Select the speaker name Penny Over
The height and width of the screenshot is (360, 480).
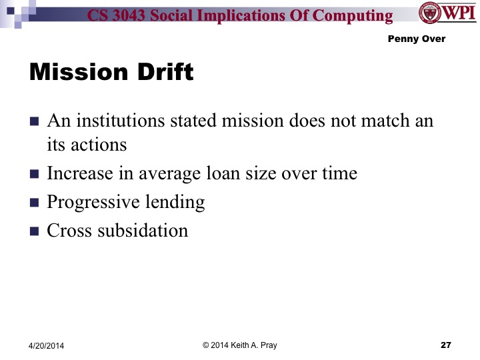(x=416, y=39)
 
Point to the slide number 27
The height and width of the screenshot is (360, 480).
(x=446, y=345)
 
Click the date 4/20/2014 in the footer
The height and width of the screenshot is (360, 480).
(x=50, y=345)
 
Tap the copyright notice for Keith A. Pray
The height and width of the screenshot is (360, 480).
(x=239, y=345)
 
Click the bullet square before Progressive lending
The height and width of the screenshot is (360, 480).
(x=35, y=203)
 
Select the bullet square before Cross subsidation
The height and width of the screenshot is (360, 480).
(x=35, y=232)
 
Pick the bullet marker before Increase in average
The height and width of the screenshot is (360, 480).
(x=35, y=175)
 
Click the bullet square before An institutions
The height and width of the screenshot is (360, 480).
(x=35, y=123)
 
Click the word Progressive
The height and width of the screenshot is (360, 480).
(x=91, y=202)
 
